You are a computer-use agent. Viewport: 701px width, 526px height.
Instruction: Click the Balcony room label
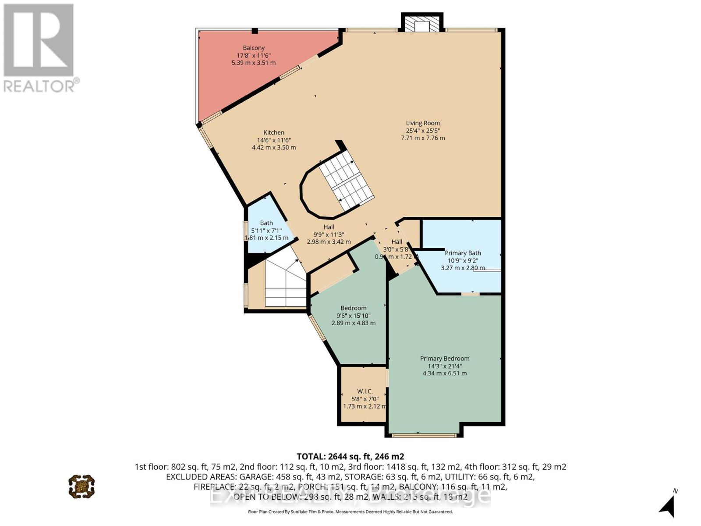[254, 48]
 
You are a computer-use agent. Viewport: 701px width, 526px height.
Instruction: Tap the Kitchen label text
[274, 132]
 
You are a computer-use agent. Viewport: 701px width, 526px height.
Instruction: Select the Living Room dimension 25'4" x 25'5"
[423, 131]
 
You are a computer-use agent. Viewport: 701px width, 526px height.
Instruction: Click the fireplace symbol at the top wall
[422, 25]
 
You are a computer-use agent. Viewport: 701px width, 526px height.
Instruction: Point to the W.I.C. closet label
[365, 391]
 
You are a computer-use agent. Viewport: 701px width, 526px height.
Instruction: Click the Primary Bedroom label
[445, 359]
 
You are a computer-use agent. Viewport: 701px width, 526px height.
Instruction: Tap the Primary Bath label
[463, 253]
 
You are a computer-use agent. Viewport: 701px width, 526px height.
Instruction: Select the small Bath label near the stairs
[266, 223]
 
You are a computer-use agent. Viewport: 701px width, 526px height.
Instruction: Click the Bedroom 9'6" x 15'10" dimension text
[354, 316]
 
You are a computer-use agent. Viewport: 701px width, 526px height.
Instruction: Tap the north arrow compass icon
[668, 507]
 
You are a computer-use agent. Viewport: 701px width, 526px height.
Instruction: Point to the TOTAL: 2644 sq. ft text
[350, 456]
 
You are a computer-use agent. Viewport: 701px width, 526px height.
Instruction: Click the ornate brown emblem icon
[81, 486]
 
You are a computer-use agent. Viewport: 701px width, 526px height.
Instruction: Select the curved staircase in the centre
[346, 182]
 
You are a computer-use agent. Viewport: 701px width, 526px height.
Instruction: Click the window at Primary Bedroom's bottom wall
[424, 435]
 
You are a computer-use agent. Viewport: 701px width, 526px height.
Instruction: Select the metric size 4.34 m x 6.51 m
[445, 373]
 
